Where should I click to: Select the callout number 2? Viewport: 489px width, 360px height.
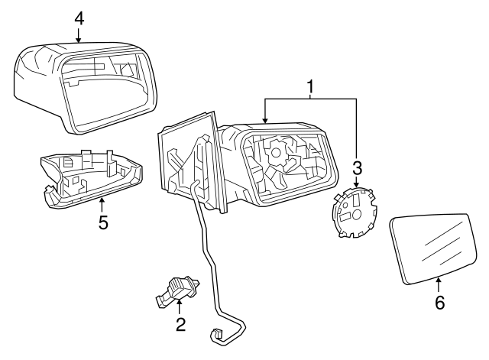tap(180, 324)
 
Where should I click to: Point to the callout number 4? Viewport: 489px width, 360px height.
tap(79, 16)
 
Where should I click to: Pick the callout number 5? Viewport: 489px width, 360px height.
tap(102, 223)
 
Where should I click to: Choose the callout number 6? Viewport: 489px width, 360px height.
tap(439, 302)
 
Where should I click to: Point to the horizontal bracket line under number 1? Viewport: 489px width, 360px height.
tap(311, 99)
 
